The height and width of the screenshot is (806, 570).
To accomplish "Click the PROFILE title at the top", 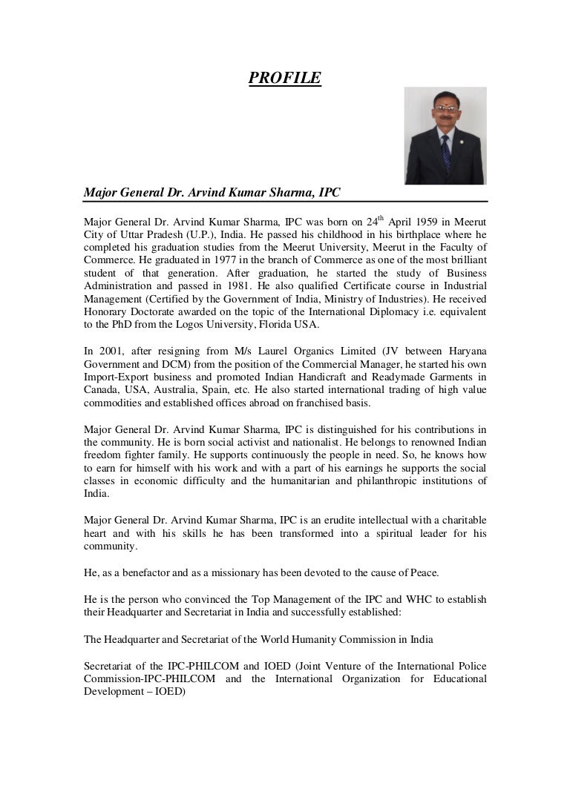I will [284, 77].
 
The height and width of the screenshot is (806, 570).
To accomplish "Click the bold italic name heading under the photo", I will [212, 191].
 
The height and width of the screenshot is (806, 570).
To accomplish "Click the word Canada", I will [102, 391].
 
